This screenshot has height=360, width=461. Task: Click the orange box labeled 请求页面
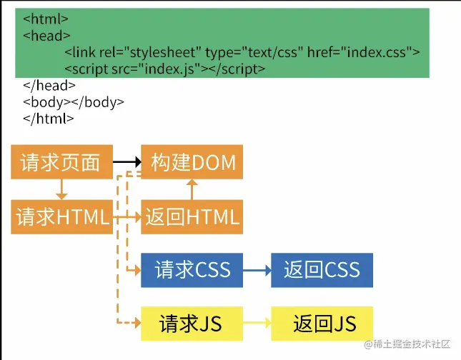coord(62,162)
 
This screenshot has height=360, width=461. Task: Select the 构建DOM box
coord(192,162)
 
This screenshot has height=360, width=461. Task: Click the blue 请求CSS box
coord(192,270)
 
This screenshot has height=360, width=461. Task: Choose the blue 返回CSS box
coord(322,270)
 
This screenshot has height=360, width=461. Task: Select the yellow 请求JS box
coord(192,324)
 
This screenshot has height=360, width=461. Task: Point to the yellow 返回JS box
coord(322,324)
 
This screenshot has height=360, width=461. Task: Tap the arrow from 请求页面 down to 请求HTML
coord(61,189)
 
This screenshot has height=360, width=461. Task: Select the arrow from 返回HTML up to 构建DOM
coord(192,189)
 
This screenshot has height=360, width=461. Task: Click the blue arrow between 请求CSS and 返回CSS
coord(257,271)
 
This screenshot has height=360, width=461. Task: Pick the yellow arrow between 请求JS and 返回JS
coord(257,324)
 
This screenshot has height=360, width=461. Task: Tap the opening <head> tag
coord(46,35)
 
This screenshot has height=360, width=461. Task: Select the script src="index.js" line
coord(164,69)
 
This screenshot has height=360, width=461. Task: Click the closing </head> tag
coord(49,86)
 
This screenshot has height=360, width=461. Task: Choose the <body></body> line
coord(74,102)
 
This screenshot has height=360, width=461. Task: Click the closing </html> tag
coord(49,119)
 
